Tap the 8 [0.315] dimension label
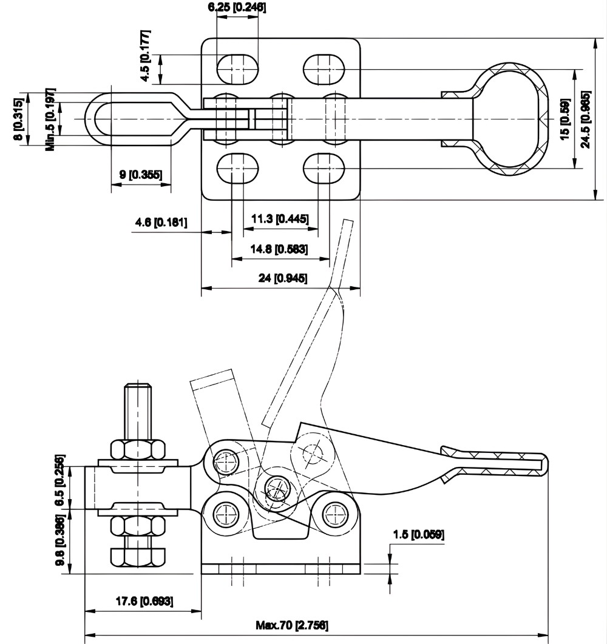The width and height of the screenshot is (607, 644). pyautogui.click(x=19, y=120)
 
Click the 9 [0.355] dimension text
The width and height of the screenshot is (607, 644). pyautogui.click(x=140, y=175)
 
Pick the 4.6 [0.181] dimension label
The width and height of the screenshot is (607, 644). pyautogui.click(x=161, y=223)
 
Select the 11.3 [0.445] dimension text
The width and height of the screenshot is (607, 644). pyautogui.click(x=280, y=218)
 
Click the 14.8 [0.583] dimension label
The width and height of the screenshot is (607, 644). pyautogui.click(x=280, y=249)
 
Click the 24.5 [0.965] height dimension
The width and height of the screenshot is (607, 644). pyautogui.click(x=585, y=119)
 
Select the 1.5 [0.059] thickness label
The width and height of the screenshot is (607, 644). pyautogui.click(x=419, y=534)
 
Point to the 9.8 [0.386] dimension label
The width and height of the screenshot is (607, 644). pyautogui.click(x=59, y=541)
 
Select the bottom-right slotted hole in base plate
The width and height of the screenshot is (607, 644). pyautogui.click(x=324, y=168)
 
